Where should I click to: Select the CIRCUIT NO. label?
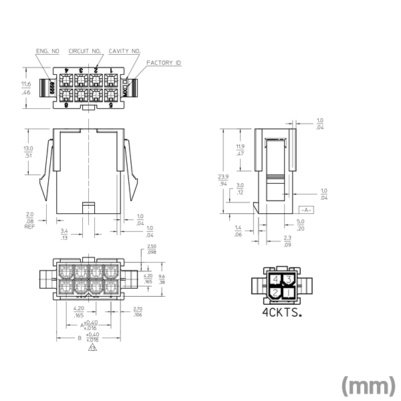click(85, 50)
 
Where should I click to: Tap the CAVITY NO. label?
click(124, 50)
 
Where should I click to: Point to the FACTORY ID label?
click(164, 63)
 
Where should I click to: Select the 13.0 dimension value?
click(28, 148)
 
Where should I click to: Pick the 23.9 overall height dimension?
click(223, 176)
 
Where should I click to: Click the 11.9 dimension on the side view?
click(240, 147)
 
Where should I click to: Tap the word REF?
click(29, 227)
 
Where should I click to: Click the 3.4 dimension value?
click(64, 231)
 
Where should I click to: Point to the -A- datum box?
click(305, 210)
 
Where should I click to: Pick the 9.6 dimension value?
click(162, 275)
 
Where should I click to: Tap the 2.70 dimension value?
click(138, 309)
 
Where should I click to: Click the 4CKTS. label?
click(281, 312)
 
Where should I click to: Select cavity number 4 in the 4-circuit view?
click(275, 279)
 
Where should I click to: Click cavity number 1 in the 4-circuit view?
click(288, 292)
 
